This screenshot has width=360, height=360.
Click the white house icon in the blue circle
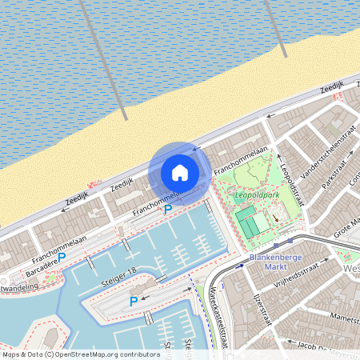coord(180,173)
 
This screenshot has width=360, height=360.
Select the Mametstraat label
coord(344,318)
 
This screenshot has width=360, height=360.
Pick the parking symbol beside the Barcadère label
coord(62,258)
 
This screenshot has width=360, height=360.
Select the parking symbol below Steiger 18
coord(133,301)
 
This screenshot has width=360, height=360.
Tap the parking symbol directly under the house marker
coord(167,210)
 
